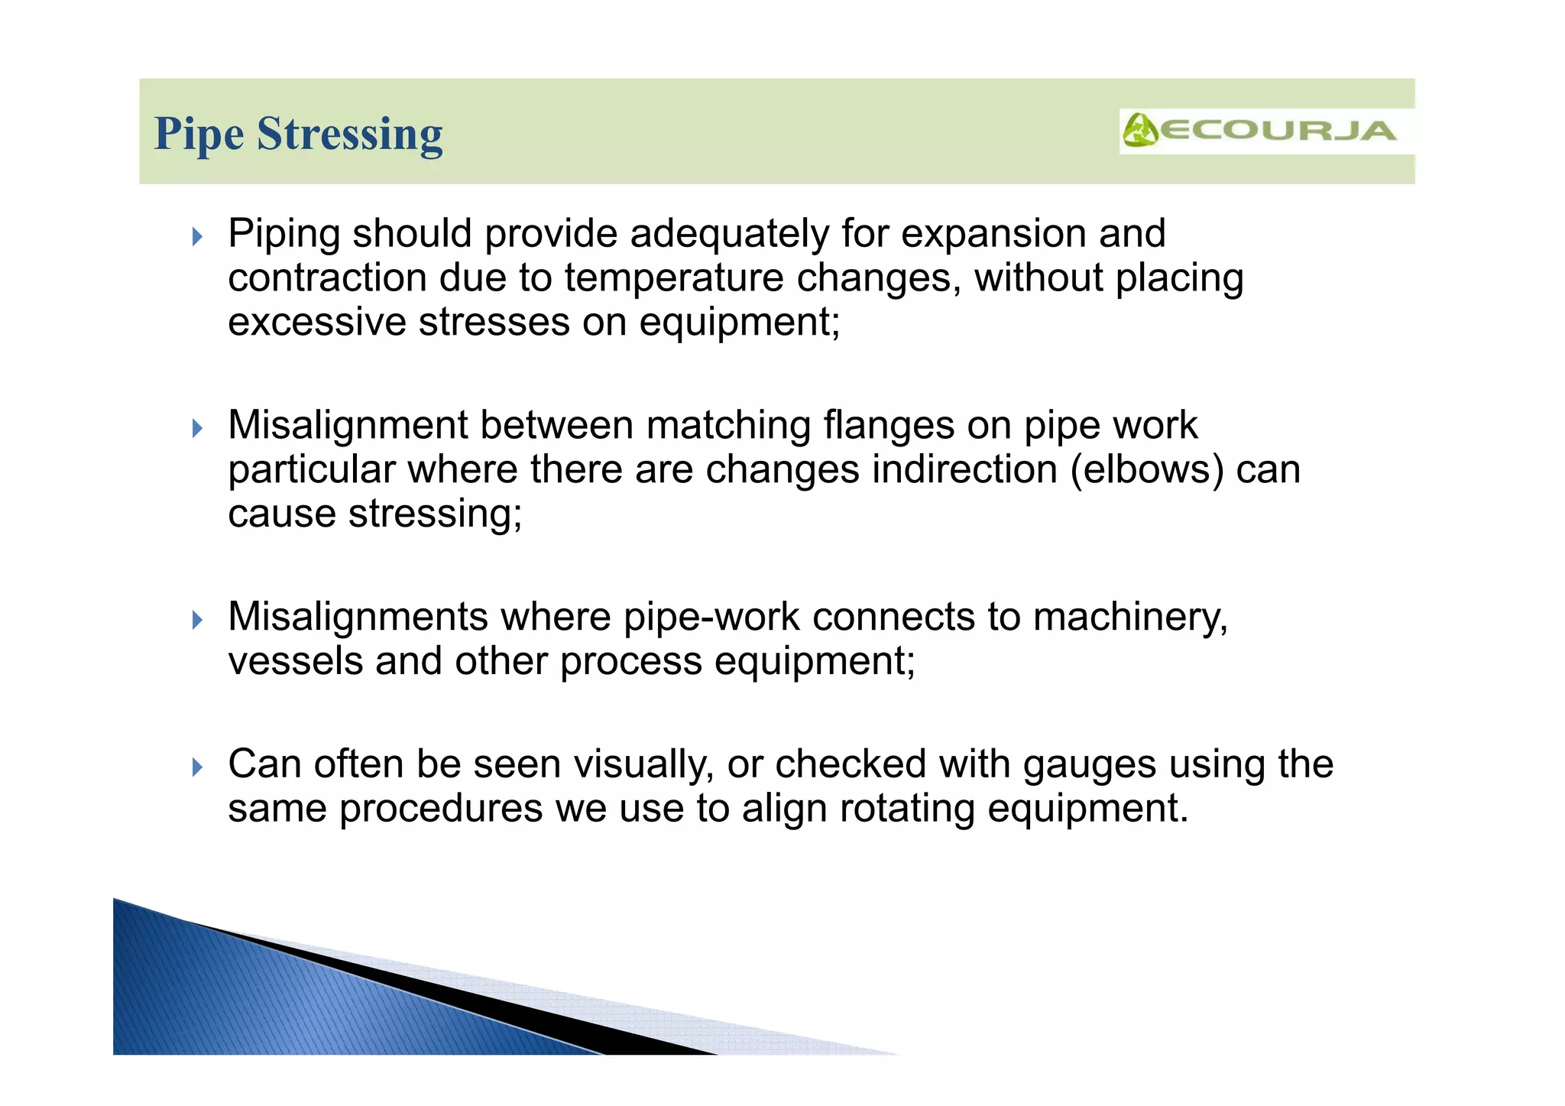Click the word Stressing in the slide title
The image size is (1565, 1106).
click(349, 135)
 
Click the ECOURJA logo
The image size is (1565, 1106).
click(1261, 131)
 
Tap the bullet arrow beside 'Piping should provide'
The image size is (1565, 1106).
click(198, 236)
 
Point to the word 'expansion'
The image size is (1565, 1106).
click(993, 234)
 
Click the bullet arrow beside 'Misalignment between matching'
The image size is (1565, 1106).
click(198, 428)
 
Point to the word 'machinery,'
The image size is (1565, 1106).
click(1130, 617)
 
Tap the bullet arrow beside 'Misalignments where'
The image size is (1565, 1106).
click(198, 619)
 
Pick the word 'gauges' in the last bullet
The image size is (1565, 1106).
click(1090, 765)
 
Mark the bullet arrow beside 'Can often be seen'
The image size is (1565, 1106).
click(198, 767)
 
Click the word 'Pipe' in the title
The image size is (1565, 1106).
click(199, 135)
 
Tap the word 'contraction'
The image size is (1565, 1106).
click(327, 278)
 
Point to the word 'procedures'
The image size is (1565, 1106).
click(441, 809)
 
